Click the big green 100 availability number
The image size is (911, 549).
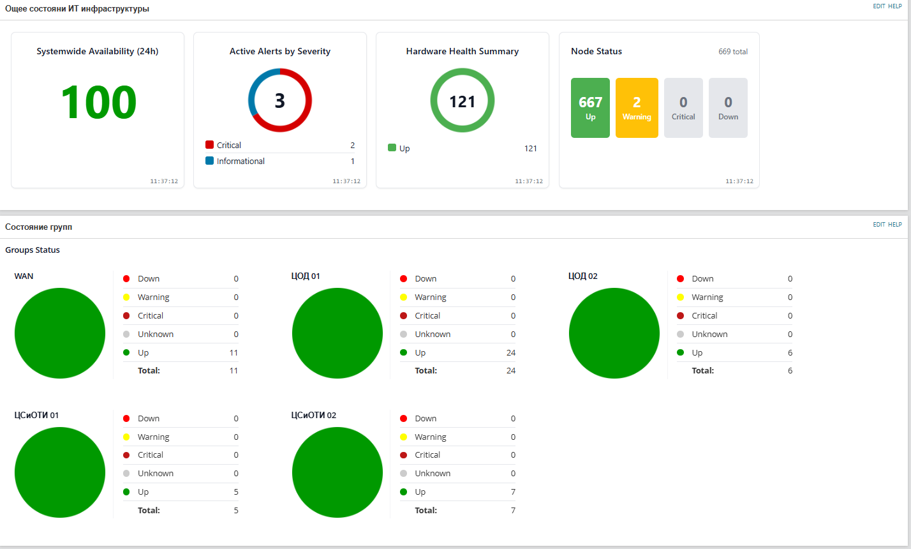coord(98,102)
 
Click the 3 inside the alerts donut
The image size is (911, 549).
coord(279,101)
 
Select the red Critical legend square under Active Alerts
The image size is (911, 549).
coord(209,145)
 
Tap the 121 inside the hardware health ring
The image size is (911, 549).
coord(462,102)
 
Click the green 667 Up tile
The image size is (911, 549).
coord(590,108)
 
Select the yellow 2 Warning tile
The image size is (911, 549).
coord(636,108)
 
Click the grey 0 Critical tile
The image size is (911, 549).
coord(683,108)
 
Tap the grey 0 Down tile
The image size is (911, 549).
coord(728,108)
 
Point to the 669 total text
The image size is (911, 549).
coord(732,52)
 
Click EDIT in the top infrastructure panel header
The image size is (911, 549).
coord(878,6)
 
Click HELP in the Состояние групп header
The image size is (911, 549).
coord(895,225)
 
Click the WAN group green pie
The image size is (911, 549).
coord(60,333)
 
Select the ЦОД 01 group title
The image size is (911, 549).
coord(306,276)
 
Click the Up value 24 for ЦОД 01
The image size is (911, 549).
coord(510,352)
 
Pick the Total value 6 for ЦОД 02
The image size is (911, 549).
coord(790,370)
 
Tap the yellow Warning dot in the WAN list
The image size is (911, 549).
coord(126,297)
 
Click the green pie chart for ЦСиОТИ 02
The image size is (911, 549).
coord(337,472)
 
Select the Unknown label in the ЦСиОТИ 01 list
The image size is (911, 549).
coord(156,473)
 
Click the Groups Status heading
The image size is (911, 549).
coord(33,250)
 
